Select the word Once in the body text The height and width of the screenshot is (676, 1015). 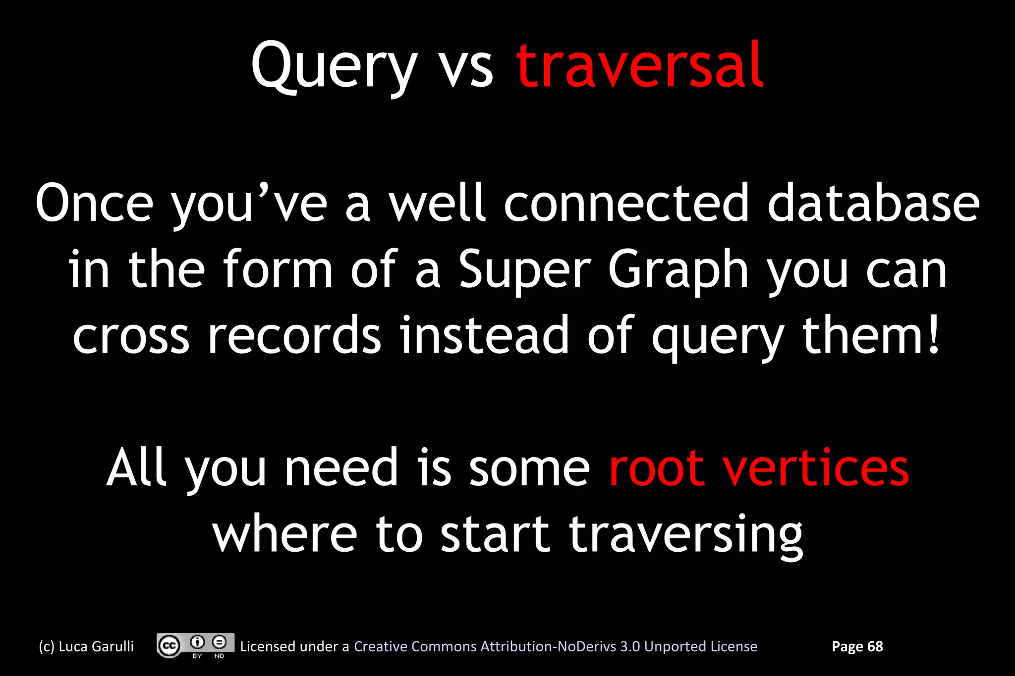click(94, 203)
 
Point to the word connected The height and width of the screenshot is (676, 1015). click(626, 203)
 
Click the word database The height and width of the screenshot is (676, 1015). click(873, 203)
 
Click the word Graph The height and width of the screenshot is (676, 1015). click(678, 270)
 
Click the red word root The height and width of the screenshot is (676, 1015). click(656, 468)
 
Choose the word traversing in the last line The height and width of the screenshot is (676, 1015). click(686, 535)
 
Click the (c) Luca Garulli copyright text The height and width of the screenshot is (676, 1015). click(86, 646)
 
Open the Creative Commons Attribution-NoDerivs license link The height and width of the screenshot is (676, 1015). click(555, 646)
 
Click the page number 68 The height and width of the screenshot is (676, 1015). click(875, 646)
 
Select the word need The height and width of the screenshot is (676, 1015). click(341, 468)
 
